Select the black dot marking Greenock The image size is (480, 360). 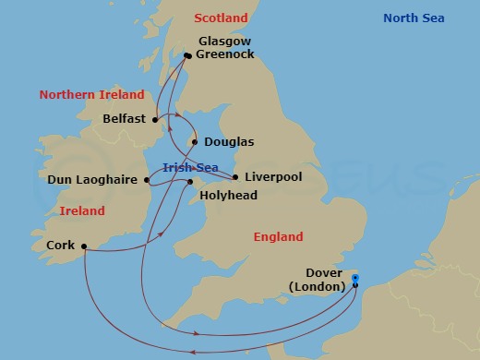186,56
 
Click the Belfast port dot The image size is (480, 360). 156,118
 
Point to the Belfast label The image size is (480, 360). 126,118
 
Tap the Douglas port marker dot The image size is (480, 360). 193,143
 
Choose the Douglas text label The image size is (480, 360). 229,142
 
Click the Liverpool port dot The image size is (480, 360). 235,177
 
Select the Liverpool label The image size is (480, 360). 272,176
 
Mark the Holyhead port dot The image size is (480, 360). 192,182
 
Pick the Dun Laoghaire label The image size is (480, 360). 92,180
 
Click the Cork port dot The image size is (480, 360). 83,246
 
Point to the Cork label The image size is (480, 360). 60,246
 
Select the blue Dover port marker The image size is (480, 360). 356,277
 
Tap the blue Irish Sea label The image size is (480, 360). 189,167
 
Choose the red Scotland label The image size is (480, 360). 222,18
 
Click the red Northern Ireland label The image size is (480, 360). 91,94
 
